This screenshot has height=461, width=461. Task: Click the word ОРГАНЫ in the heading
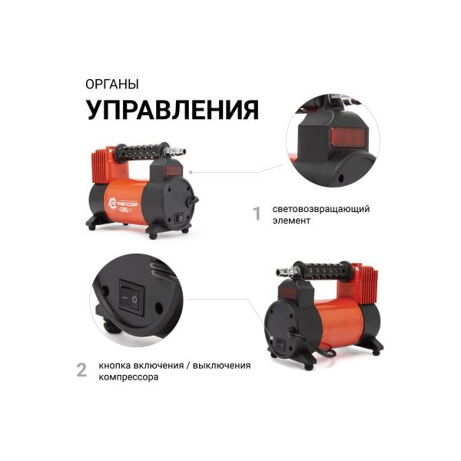pyautogui.click(x=112, y=84)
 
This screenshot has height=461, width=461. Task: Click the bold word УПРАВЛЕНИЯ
pyautogui.click(x=171, y=109)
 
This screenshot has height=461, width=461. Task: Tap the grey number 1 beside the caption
pyautogui.click(x=257, y=213)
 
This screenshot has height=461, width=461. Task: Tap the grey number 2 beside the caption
pyautogui.click(x=81, y=370)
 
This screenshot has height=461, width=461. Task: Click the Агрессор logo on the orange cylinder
pyautogui.click(x=122, y=204)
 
